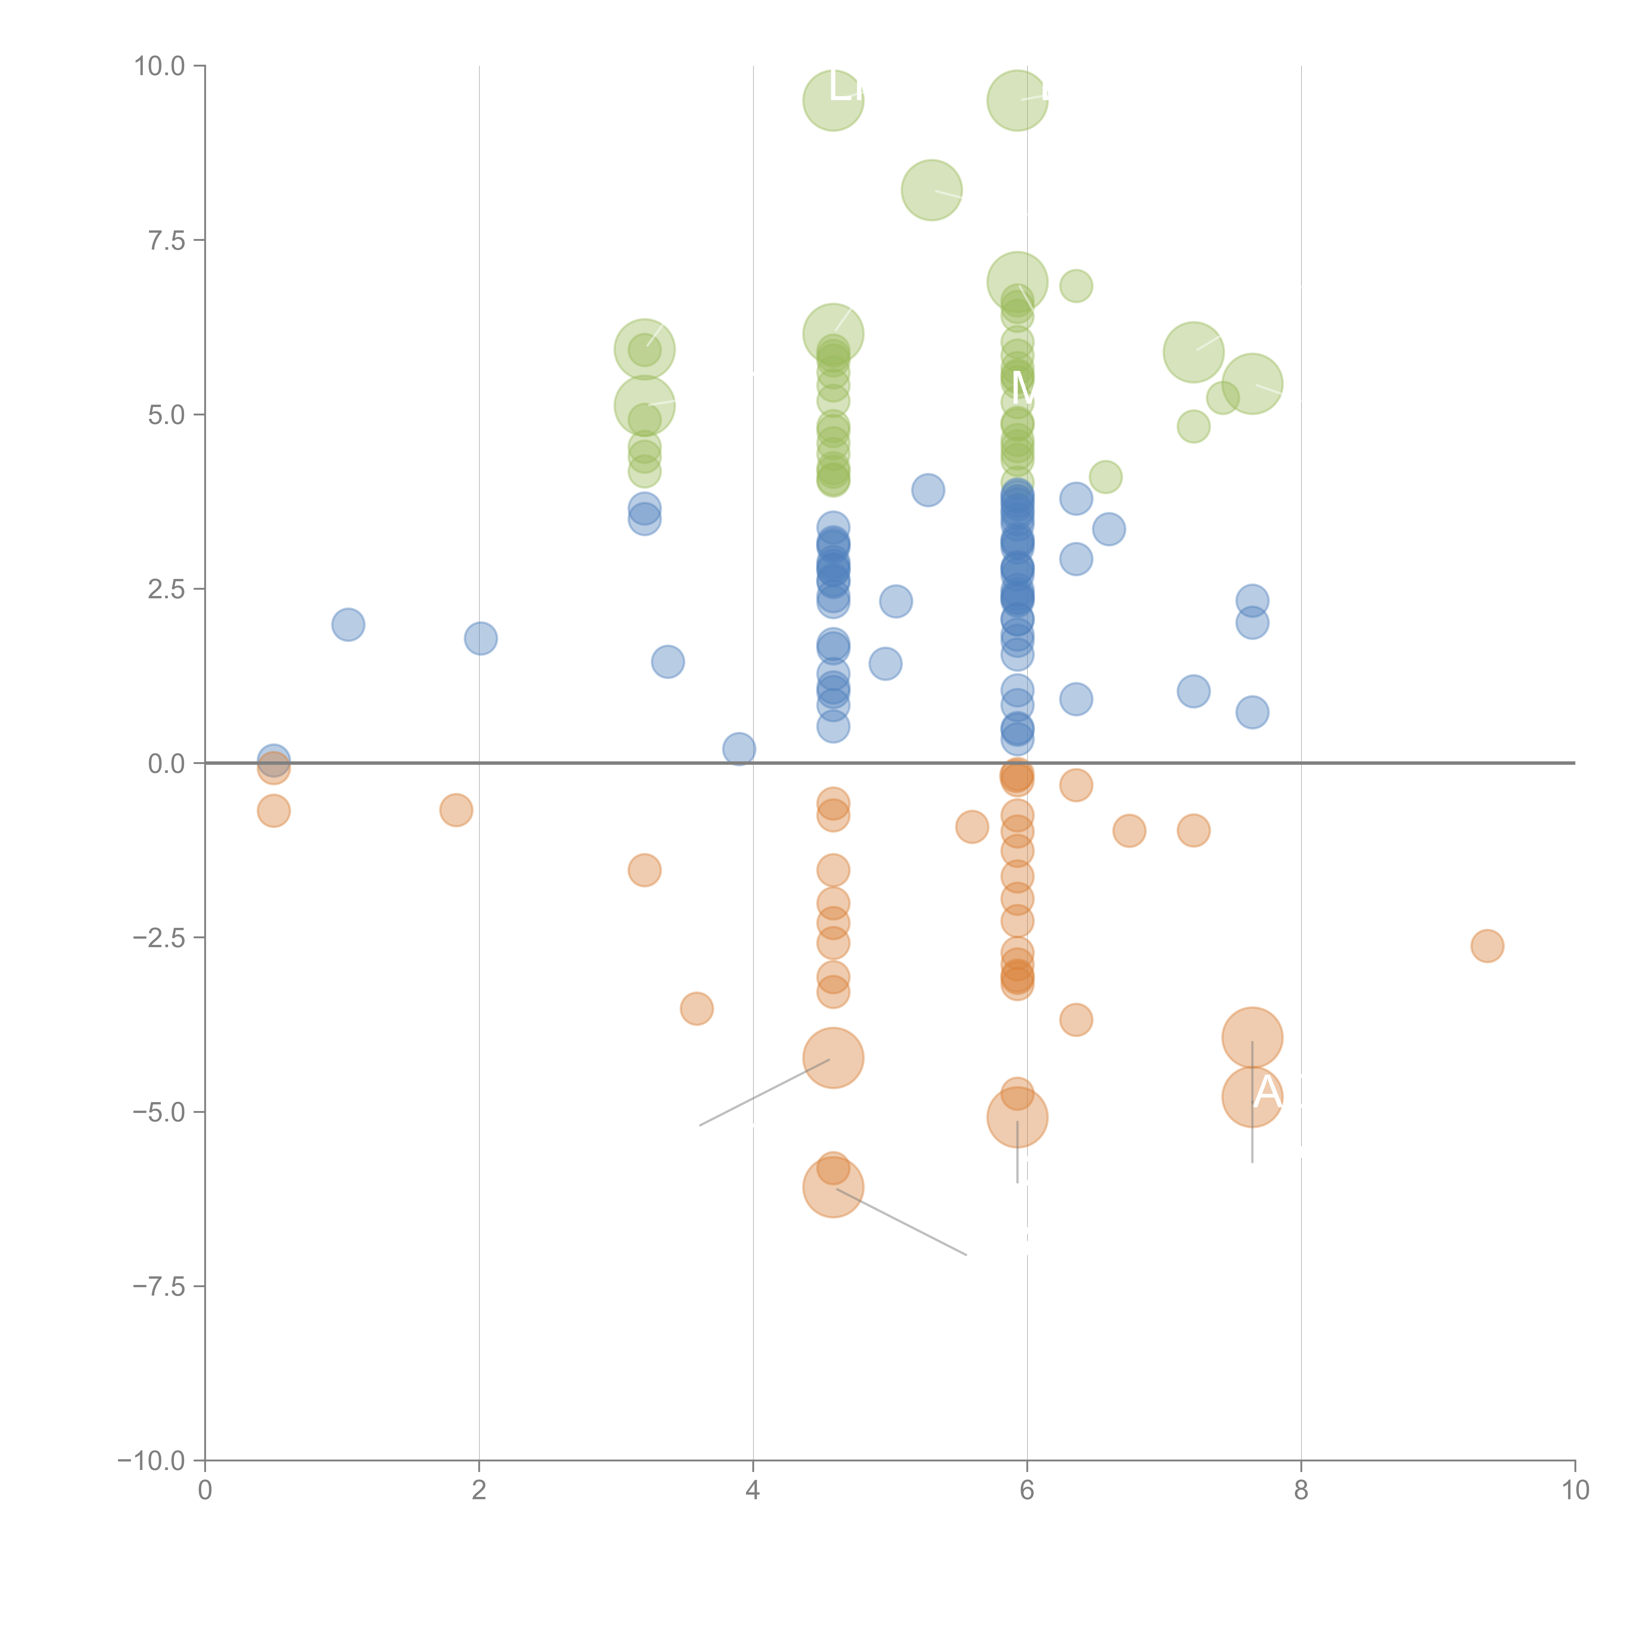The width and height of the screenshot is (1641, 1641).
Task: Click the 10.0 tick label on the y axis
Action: pos(160,66)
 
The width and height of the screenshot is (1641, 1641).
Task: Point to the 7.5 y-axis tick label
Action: pos(166,240)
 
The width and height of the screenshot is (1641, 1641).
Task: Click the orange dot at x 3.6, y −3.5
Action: pos(696,1008)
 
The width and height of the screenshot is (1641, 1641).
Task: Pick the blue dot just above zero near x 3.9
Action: pos(739,748)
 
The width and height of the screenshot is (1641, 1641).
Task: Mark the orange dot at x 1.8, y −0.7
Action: pos(456,810)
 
